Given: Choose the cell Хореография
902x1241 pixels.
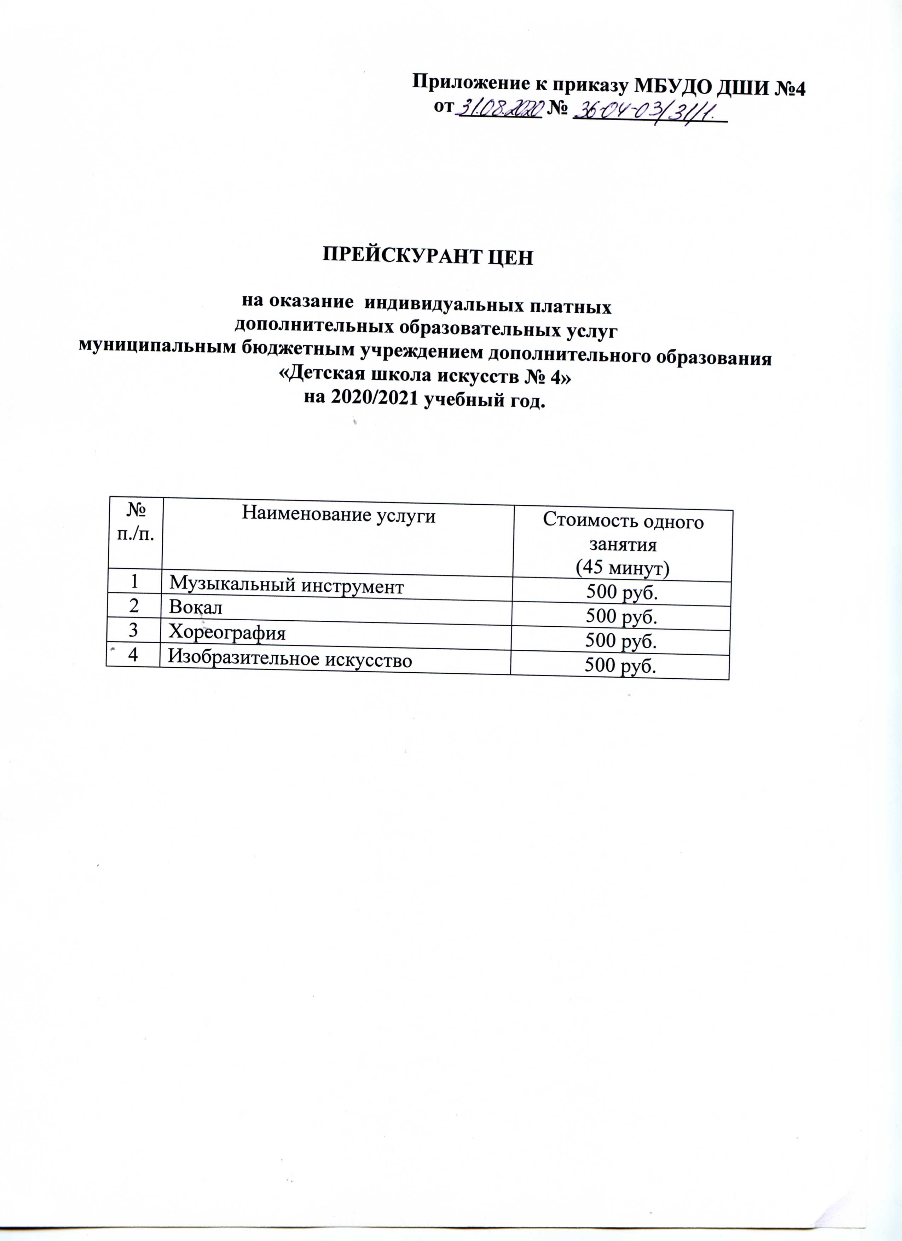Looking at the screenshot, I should click(x=227, y=633).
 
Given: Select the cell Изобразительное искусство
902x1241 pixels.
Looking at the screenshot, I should click(x=290, y=659).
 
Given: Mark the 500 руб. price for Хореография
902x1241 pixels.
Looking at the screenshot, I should click(x=621, y=641).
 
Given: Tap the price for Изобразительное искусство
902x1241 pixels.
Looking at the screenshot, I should click(x=621, y=666).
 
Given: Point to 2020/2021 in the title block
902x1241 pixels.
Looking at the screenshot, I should click(x=368, y=402).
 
